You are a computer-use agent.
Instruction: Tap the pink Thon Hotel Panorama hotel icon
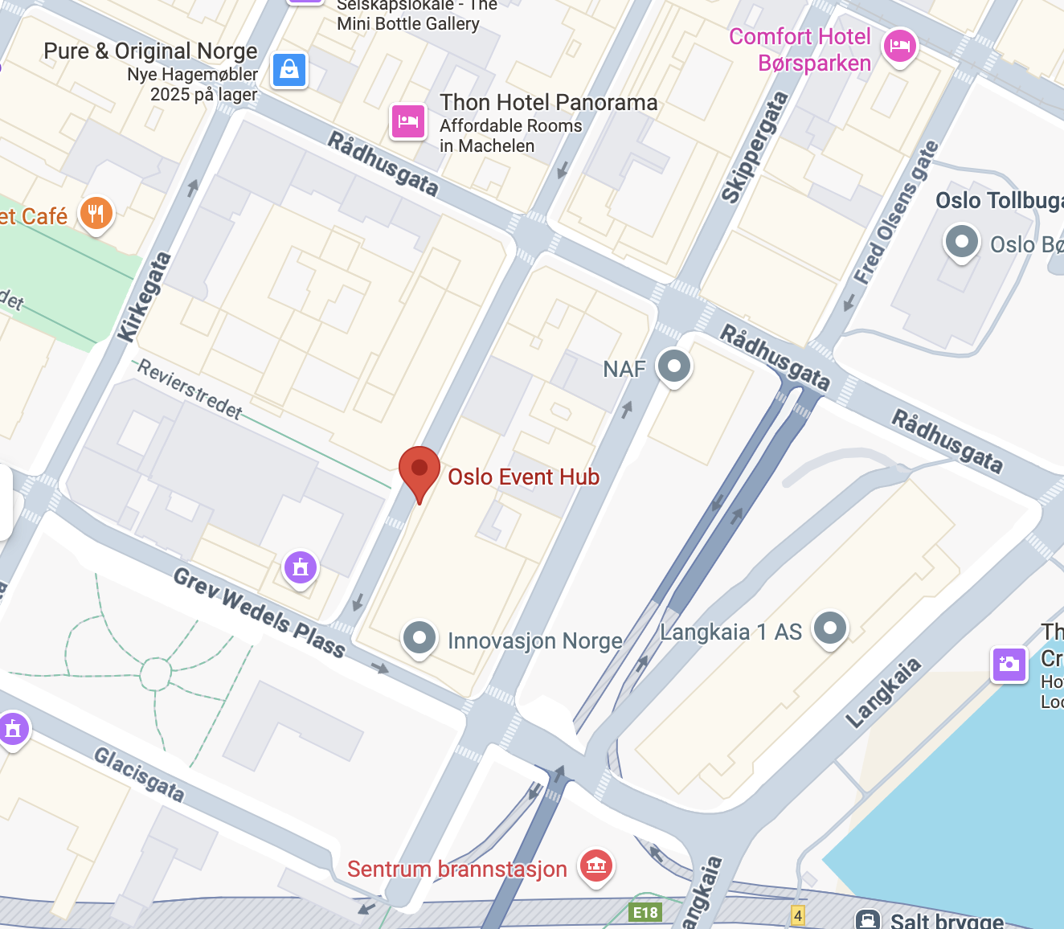408,121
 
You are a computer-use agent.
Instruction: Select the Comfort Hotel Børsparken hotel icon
899,46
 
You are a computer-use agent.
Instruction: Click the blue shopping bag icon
289,71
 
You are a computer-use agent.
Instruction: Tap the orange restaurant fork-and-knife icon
96,214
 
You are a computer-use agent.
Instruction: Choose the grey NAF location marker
673,366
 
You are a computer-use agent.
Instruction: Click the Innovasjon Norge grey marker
419,638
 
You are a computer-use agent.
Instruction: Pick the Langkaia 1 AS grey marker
830,628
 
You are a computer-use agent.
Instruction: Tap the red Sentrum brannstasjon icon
595,866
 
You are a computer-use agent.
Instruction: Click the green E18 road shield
645,912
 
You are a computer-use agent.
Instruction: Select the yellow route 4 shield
797,915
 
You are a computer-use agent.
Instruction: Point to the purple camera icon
1009,665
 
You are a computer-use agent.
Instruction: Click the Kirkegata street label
145,297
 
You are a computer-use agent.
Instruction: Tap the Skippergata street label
754,147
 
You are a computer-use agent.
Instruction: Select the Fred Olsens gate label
896,213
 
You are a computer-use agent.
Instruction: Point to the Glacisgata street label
139,774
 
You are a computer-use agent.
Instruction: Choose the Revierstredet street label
190,389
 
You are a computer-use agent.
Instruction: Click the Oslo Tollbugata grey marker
961,241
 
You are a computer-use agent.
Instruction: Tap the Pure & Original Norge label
150,51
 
